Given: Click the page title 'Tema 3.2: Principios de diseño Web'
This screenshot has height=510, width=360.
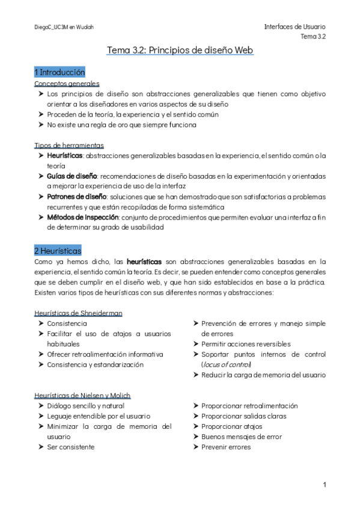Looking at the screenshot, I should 180,51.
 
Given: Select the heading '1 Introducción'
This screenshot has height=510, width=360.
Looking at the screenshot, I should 59,72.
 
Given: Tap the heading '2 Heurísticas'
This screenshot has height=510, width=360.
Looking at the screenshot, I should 58,250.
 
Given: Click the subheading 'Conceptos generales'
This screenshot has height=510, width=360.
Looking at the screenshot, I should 67,84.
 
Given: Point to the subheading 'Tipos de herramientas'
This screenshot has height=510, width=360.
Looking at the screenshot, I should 69,145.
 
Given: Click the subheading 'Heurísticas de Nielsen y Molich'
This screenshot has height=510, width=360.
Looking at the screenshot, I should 83,395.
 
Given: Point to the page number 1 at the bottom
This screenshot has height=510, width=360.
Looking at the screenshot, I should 324,485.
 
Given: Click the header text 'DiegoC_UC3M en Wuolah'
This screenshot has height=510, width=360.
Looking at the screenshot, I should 64,28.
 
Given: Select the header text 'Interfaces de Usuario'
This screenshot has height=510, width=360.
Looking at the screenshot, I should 294,28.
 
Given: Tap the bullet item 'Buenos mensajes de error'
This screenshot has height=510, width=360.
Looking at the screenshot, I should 242,437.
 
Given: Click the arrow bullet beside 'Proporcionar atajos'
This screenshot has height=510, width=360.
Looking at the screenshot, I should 197,426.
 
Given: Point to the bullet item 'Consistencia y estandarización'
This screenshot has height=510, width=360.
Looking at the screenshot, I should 95,364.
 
